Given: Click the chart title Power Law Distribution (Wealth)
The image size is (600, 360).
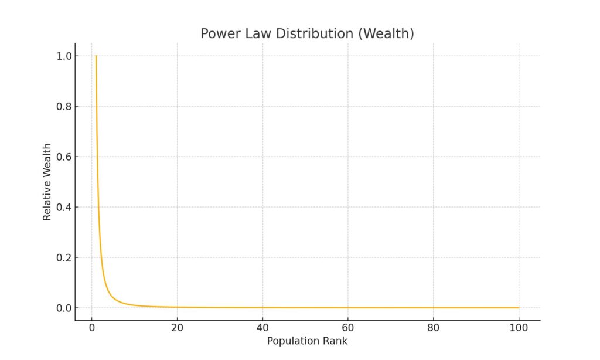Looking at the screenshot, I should [307, 34].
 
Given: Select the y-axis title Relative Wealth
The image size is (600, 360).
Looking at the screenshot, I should [47, 182].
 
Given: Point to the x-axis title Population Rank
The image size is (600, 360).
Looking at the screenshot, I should [307, 341].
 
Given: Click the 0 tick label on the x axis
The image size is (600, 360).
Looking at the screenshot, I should [91, 328].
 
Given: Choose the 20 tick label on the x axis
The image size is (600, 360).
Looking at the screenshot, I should [177, 328].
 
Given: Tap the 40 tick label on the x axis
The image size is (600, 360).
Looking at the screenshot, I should [262, 328].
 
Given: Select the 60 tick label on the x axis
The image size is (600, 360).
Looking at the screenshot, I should [348, 328].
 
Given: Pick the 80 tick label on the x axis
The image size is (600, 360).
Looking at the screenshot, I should [434, 328].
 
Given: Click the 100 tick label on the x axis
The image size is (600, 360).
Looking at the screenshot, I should [519, 328].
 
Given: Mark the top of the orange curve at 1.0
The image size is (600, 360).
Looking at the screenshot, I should [96, 56].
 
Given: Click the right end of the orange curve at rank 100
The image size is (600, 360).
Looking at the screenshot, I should [519, 308].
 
